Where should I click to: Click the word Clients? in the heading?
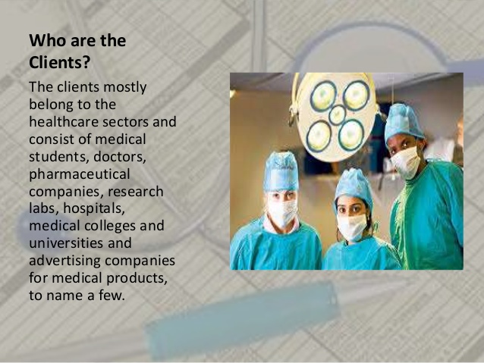[60, 63]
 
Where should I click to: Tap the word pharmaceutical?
[80, 175]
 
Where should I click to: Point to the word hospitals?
[94, 209]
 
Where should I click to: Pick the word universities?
[66, 243]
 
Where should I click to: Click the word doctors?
[119, 157]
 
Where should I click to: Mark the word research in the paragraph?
[135, 192]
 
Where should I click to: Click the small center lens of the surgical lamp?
[338, 114]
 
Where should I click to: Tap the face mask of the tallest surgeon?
[406, 162]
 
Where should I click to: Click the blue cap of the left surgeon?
[281, 171]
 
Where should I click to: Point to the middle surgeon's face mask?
[352, 227]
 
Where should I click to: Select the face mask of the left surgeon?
[282, 212]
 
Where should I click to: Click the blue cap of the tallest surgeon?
[403, 123]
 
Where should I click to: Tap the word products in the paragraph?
[137, 278]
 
